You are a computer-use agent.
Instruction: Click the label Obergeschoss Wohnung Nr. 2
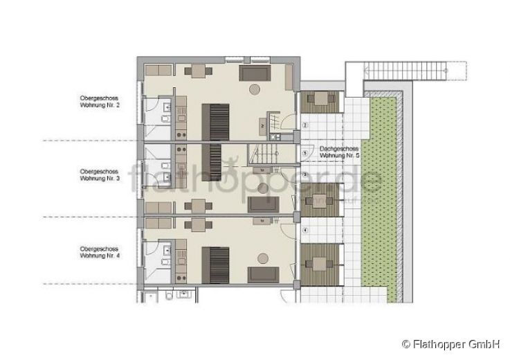100,102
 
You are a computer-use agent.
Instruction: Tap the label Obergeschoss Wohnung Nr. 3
100,174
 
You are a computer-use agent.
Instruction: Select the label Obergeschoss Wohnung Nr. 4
100,251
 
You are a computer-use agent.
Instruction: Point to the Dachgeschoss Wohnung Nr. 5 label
339,152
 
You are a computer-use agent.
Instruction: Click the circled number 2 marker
305,126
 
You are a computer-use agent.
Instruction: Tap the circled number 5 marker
305,152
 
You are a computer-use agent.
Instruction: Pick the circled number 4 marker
305,229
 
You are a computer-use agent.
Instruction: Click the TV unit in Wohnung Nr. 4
263,221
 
